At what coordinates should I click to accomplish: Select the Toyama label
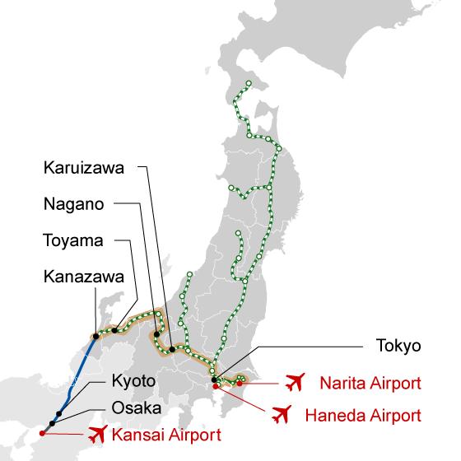pyautogui.click(x=72, y=241)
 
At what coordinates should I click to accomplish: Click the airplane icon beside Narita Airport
pyautogui.click(x=295, y=383)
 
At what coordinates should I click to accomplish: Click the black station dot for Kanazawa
pyautogui.click(x=97, y=335)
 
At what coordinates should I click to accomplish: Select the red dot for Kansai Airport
pyautogui.click(x=42, y=433)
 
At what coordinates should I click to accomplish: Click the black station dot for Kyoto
pyautogui.click(x=58, y=414)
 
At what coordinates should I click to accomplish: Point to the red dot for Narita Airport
pyautogui.click(x=240, y=382)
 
